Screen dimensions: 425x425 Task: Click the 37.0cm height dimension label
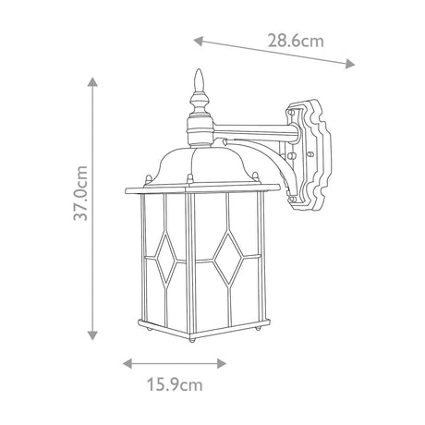[80, 193]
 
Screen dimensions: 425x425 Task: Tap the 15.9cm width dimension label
[175, 385]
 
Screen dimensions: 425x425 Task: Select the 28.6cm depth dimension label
[296, 41]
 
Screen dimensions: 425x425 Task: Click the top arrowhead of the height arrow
[92, 81]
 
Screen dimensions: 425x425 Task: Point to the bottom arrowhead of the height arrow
[92, 335]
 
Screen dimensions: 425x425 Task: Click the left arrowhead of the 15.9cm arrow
[127, 363]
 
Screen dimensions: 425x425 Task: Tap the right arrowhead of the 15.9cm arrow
[222, 363]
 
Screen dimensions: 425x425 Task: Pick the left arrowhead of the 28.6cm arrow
[199, 41]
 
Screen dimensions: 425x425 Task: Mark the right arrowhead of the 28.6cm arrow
[350, 64]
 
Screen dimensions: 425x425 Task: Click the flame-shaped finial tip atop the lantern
[200, 79]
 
